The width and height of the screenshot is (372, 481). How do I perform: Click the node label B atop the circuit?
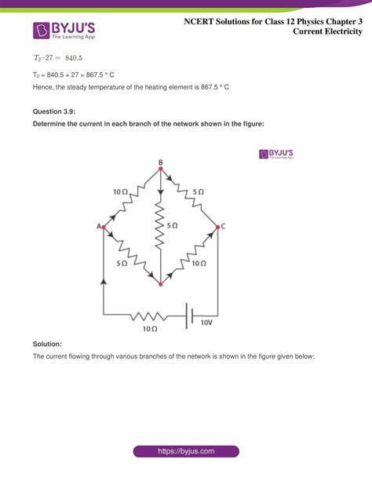tap(161, 162)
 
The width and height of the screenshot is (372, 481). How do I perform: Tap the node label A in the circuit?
tap(99, 227)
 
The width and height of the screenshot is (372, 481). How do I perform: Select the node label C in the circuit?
tap(224, 227)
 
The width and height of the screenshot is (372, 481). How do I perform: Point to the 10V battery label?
tap(206, 322)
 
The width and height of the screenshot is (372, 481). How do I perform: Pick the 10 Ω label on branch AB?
tap(120, 191)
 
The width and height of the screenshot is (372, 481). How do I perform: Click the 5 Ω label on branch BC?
tap(198, 191)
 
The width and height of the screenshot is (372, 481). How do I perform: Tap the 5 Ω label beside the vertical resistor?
tap(173, 225)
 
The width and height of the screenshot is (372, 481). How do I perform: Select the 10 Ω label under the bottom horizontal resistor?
tap(150, 329)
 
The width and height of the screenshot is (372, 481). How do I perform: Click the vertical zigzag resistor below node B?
tap(160, 226)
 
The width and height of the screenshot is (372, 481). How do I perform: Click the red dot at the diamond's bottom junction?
tap(160, 283)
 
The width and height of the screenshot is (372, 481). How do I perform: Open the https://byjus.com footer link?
tap(186, 451)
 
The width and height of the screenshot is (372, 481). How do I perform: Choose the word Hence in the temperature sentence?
tap(43, 86)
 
